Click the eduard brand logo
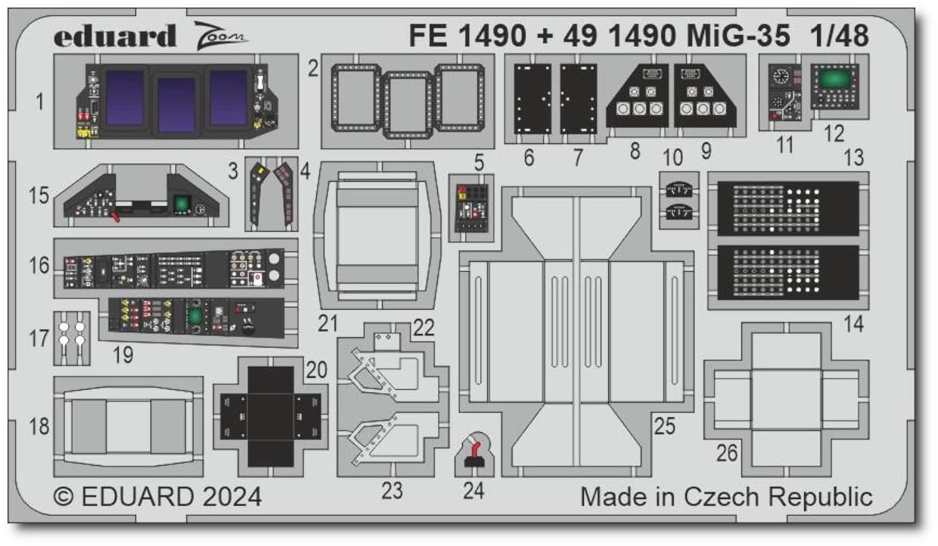click(x=115, y=36)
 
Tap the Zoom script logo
click(x=221, y=36)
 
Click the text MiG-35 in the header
click(x=738, y=36)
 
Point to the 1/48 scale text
click(x=839, y=36)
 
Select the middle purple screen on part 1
click(x=176, y=104)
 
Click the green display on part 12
click(x=834, y=80)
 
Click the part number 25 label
click(x=665, y=426)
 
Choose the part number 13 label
click(x=853, y=158)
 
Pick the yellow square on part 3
click(x=262, y=170)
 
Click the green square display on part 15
click(x=182, y=204)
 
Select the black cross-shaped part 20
click(x=271, y=417)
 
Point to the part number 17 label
click(x=39, y=339)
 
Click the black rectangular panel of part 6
click(x=533, y=99)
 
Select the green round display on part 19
click(x=194, y=317)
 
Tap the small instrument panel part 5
click(x=471, y=208)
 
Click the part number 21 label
click(x=328, y=323)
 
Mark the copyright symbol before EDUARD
click(x=64, y=498)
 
